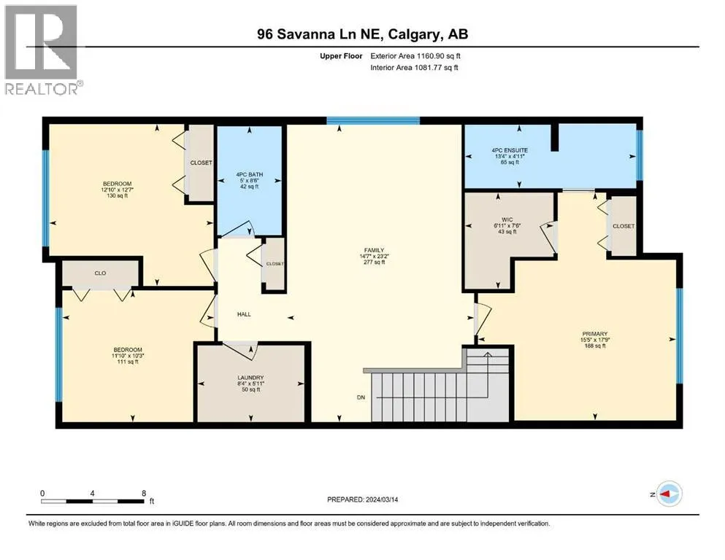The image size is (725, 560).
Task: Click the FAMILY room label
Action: tap(374, 250)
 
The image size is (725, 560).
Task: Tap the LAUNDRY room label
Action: tap(250, 378)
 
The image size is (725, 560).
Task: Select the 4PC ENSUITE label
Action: tap(510, 150)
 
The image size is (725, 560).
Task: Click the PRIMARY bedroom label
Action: tap(594, 334)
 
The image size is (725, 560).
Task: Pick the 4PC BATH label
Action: tap(249, 174)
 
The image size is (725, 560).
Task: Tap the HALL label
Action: tap(244, 314)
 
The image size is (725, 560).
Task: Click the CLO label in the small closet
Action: tap(100, 273)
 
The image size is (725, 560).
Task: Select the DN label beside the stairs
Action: tap(361, 397)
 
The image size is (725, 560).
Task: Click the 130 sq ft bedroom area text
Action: tap(118, 195)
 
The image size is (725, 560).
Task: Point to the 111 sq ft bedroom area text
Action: tap(128, 362)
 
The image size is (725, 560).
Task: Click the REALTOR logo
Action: tap(43, 50)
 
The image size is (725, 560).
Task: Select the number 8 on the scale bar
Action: tap(145, 493)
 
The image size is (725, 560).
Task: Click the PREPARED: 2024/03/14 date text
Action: tap(362, 499)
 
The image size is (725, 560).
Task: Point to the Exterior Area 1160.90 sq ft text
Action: tap(415, 56)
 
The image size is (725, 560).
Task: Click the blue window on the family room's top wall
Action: tap(373, 121)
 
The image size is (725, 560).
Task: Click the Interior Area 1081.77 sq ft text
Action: tap(414, 67)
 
